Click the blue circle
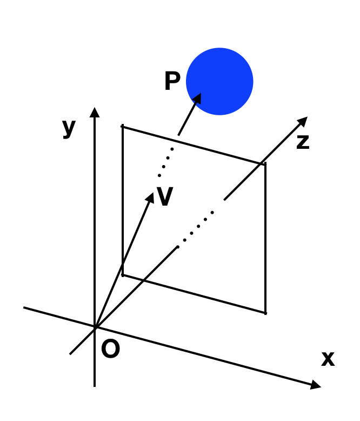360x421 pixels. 219,81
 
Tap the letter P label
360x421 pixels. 172,81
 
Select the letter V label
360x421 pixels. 165,196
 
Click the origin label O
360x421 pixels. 110,348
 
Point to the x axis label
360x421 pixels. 328,359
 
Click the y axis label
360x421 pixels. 69,128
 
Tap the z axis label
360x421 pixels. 303,142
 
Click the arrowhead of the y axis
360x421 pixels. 95,112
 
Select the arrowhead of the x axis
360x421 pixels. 316,385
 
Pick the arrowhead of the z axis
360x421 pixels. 303,121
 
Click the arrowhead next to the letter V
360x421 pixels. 150,198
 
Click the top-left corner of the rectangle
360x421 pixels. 123,127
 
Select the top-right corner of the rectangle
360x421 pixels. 265,165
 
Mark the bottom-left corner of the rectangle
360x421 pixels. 123,275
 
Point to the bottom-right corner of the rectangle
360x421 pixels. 265,313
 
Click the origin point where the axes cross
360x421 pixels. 95,328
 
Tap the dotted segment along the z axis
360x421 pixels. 195,230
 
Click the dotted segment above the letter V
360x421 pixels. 166,162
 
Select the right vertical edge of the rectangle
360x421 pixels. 265,239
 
